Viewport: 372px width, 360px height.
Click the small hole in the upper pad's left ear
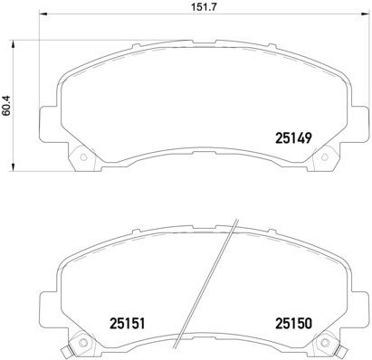pos(85,160)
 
